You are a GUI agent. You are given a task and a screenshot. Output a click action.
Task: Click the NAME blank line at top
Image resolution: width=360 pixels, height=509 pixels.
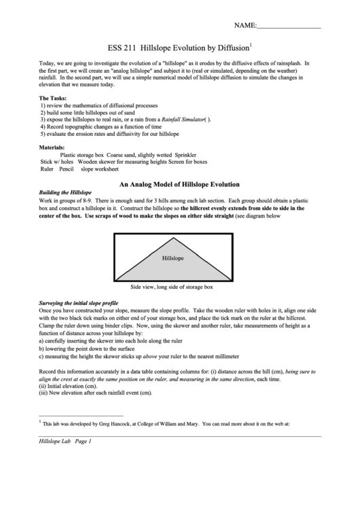click(288, 27)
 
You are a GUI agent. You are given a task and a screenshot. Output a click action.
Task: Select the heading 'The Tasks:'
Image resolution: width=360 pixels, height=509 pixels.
click(53, 99)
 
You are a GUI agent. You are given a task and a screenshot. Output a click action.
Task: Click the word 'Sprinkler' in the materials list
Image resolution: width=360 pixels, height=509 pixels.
click(192, 155)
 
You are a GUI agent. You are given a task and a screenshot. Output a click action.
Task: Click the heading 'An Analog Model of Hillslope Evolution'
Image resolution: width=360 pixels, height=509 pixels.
click(179, 184)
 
